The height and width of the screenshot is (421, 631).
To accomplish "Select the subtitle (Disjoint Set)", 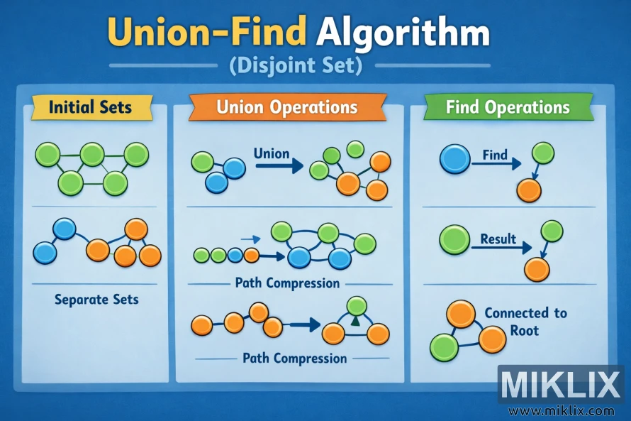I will pos(296,67).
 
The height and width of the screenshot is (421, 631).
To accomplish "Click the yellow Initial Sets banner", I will pos(90,108).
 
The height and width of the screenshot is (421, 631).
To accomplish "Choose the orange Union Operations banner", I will pos(286,107).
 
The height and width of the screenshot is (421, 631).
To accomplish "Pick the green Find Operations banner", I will pos(508,107).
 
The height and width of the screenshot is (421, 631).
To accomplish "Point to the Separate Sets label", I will pos(96,300).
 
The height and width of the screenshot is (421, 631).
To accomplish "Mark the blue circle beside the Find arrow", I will pos(454,160).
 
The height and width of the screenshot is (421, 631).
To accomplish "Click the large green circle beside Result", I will pos(454,241).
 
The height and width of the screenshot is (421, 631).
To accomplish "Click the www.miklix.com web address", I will pos(561,410).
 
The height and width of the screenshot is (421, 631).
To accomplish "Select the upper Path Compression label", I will pos(287,283).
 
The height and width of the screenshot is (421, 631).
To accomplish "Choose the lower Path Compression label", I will pos(295,358).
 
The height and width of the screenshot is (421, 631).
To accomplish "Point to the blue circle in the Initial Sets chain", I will pos(65,228).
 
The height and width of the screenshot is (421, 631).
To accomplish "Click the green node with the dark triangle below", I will pos(356,307).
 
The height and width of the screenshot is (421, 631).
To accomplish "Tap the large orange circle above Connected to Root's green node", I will pos(461,313).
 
